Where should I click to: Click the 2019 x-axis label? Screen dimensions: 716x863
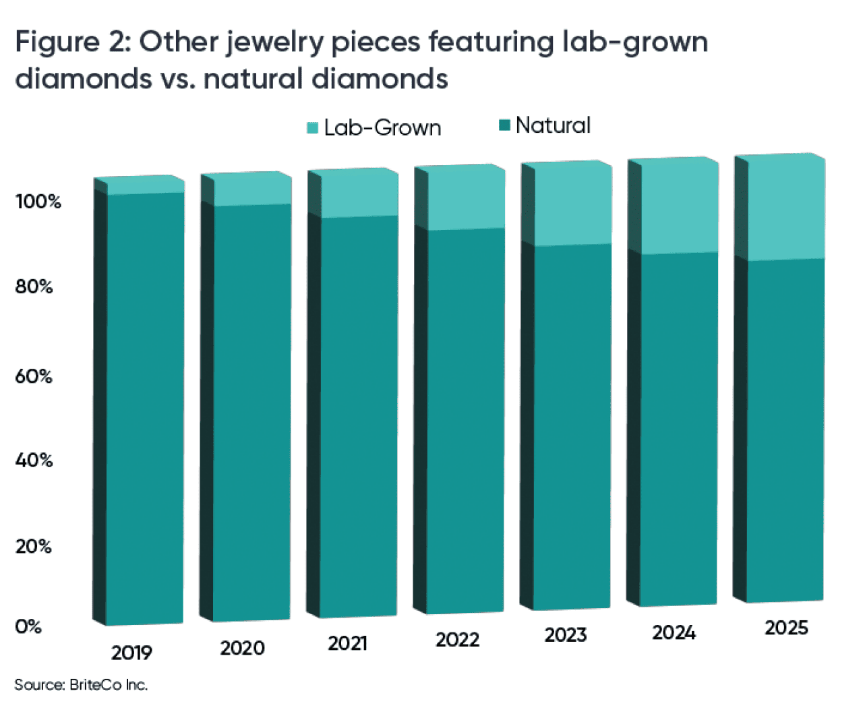[x=131, y=653]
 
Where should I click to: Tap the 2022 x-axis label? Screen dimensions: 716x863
[x=457, y=639]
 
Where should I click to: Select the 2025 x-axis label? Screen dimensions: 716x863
[x=785, y=628]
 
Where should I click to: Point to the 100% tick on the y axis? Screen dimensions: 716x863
[x=38, y=202]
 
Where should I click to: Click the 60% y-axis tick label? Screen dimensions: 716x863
[x=34, y=376]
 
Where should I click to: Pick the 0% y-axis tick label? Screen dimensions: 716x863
[x=28, y=626]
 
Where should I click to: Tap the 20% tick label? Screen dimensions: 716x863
[x=34, y=546]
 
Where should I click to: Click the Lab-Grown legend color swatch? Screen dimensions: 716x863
[x=312, y=127]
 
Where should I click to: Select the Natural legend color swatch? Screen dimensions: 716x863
[x=504, y=125]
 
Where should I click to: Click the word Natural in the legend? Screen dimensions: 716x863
[x=553, y=125]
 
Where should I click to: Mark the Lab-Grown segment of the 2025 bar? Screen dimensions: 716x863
[x=785, y=209]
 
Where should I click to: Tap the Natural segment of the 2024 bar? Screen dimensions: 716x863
[x=678, y=428]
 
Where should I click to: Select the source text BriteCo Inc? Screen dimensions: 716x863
[x=108, y=685]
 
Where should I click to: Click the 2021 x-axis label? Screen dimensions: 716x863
[x=348, y=643]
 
